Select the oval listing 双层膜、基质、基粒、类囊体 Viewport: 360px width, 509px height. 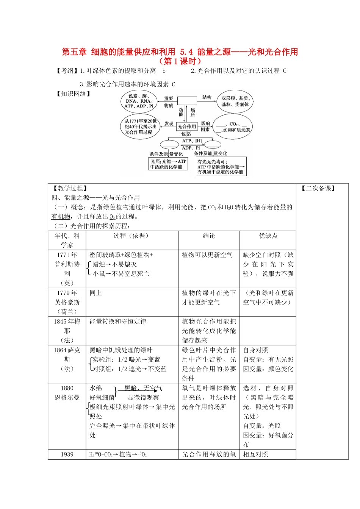tap(235, 101)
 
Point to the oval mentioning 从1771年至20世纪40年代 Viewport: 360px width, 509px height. tap(140, 126)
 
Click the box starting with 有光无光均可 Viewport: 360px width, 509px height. tap(221, 167)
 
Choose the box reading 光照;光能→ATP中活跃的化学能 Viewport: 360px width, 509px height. tap(168, 164)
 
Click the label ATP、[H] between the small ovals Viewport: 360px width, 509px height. tap(192, 141)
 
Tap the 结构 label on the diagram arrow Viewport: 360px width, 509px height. tap(207, 97)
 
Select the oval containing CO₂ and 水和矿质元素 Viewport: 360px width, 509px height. tap(233, 127)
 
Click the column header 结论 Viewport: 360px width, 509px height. tap(209, 236)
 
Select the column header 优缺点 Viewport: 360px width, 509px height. tap(268, 236)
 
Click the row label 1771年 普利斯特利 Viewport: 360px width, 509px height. tap(67, 269)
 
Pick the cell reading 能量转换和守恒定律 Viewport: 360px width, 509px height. tap(118, 322)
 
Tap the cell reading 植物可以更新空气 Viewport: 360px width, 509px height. tap(207, 255)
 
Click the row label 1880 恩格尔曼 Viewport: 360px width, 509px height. tap(67, 393)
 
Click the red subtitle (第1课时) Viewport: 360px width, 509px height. tap(180, 61)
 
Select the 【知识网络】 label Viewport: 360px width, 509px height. tap(73, 94)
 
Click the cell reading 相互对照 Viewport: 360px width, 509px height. tap(255, 454)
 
